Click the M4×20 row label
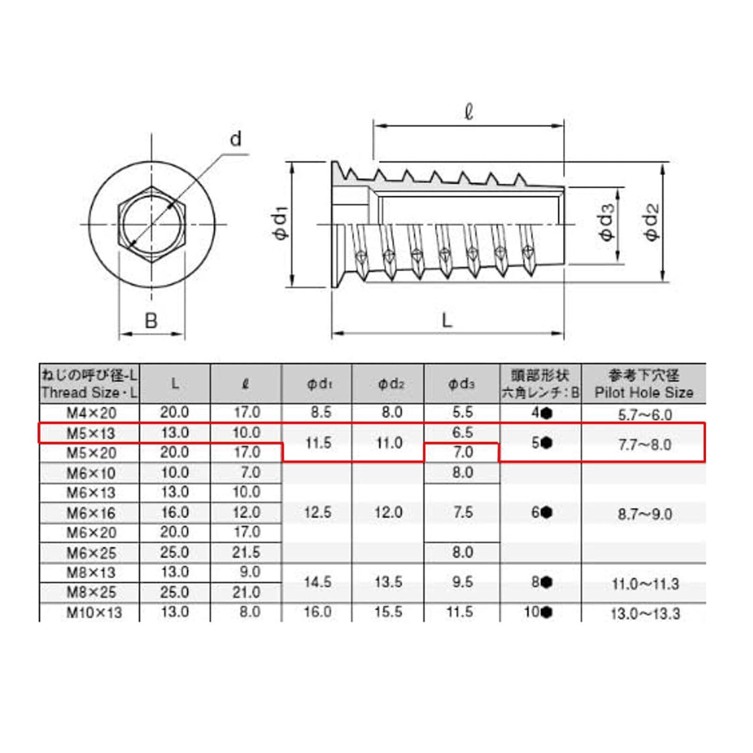click(91, 413)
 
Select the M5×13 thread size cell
click(91, 433)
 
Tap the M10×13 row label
click(94, 613)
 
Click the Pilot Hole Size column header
click(643, 393)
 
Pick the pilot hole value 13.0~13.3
click(645, 614)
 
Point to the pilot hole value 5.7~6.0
click(645, 415)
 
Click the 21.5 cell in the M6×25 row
click(246, 552)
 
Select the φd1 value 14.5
click(318, 582)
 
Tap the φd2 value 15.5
click(388, 612)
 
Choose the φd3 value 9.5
click(463, 582)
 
